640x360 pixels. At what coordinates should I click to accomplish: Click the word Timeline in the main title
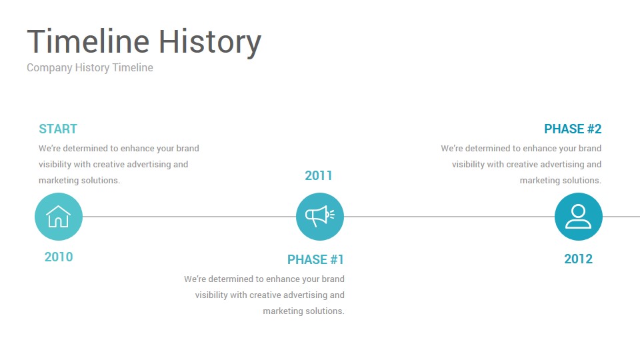click(x=88, y=41)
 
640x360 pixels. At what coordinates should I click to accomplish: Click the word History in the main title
click(x=210, y=42)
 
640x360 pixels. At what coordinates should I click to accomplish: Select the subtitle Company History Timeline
click(x=90, y=68)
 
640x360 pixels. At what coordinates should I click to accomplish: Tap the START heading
click(x=58, y=129)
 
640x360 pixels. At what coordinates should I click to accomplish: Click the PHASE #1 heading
click(x=315, y=259)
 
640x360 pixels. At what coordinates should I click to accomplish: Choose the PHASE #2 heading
click(x=573, y=129)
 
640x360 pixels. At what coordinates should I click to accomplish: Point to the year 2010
click(x=59, y=257)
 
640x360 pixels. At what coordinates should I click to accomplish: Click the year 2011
click(x=319, y=175)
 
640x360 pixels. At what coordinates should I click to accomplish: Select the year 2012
click(x=579, y=259)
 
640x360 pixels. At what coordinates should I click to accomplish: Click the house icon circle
click(x=59, y=217)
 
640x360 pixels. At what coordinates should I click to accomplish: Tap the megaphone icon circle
click(x=320, y=217)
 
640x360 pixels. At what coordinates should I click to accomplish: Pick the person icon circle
click(x=579, y=217)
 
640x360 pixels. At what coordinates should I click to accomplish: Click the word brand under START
click(x=188, y=148)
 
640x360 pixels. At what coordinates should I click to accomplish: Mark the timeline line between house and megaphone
click(x=189, y=217)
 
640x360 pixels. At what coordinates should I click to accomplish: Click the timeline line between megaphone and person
click(x=449, y=217)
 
